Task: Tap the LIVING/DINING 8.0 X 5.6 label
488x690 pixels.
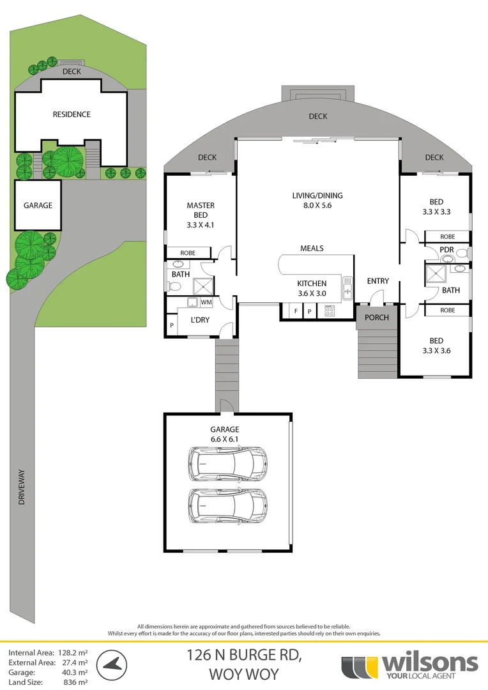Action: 317,201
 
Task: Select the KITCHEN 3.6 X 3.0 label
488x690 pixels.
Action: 312,289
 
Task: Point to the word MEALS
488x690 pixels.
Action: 312,248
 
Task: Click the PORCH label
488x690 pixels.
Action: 376,318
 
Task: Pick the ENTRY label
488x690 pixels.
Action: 377,281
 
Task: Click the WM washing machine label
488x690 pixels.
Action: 206,302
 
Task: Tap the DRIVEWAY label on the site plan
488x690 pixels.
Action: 21,487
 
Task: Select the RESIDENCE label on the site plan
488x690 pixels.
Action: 72,114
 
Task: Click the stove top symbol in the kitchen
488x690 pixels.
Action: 330,312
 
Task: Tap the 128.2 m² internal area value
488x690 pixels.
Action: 72,653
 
